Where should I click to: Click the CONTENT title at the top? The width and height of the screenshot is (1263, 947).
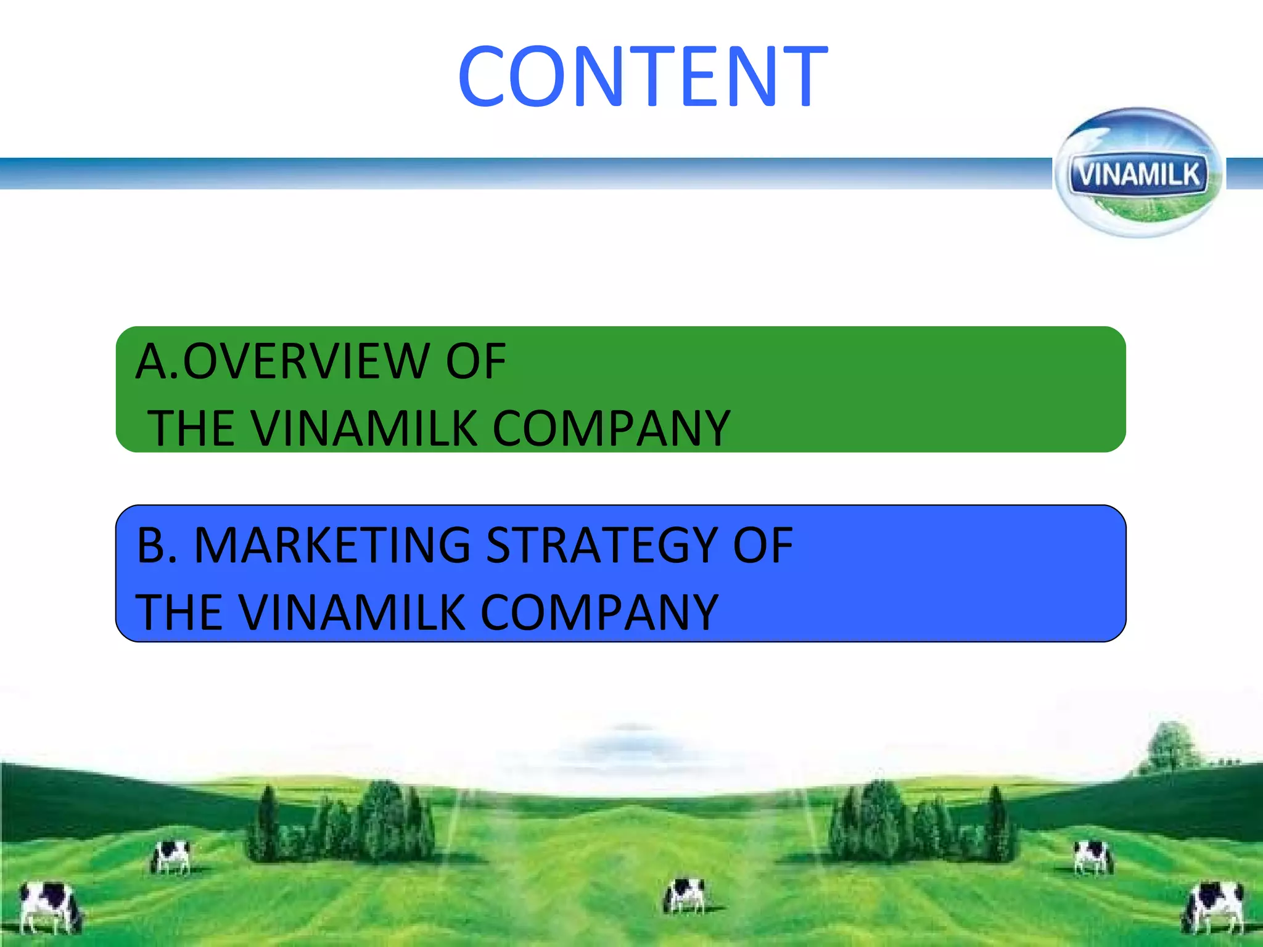coord(643,76)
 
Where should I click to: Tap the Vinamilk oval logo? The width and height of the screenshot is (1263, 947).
coord(1138,173)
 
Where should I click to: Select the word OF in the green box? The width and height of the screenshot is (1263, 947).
coord(475,361)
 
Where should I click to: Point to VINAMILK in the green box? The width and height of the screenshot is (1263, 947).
coord(364,428)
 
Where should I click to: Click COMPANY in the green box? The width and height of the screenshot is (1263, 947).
coord(611,428)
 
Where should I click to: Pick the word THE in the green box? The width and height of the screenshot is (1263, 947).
coord(191,428)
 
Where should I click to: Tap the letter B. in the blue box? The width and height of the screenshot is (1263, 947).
coord(157,545)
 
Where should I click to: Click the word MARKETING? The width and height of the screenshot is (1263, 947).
coord(332,545)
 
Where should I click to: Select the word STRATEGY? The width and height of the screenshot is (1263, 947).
coord(602,545)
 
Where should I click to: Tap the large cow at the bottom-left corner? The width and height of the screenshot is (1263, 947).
coord(49,906)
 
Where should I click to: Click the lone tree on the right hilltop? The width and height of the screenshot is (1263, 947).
coord(1169,746)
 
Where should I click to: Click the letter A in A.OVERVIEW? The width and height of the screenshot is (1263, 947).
coord(151,361)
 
